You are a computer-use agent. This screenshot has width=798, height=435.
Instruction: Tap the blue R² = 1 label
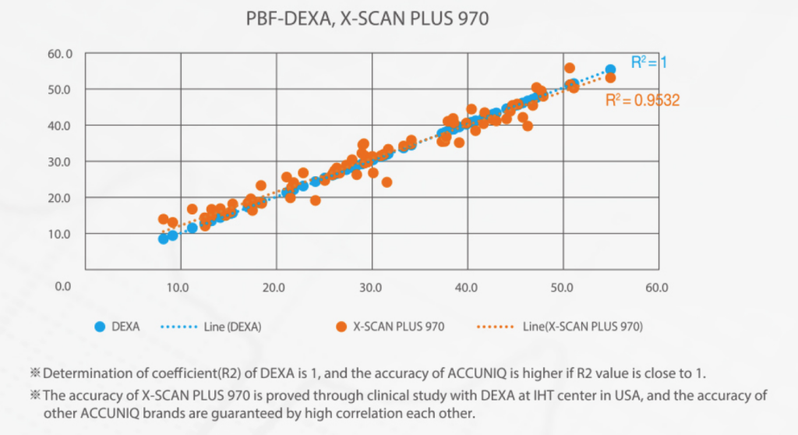648,62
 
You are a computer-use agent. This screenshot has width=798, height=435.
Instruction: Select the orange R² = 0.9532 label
643,100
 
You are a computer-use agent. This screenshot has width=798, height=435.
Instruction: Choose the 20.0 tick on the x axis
274,287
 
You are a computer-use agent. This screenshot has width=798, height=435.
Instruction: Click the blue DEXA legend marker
99,327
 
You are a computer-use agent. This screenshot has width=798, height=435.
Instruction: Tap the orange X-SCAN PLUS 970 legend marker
341,327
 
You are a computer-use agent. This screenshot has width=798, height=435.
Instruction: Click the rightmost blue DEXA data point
610,70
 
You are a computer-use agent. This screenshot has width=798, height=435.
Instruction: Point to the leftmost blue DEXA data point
164,239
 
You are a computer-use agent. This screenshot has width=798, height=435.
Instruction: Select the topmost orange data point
569,69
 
